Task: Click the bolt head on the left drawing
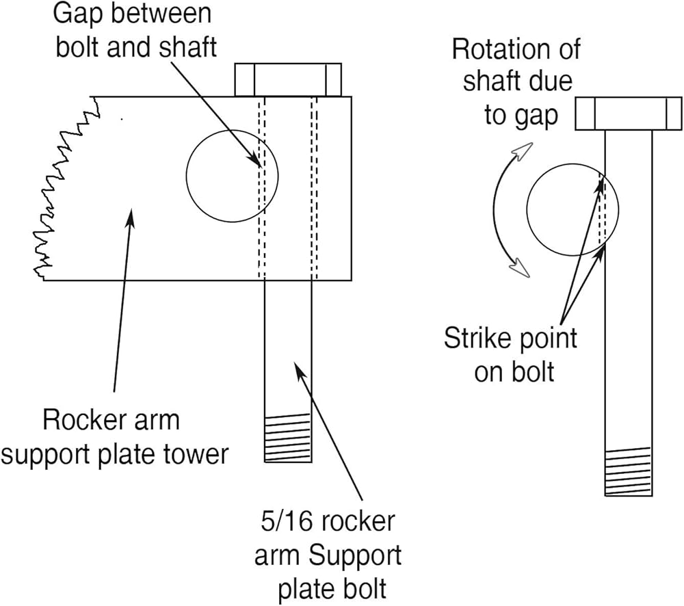288,80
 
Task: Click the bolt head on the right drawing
628,114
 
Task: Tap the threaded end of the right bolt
628,471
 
